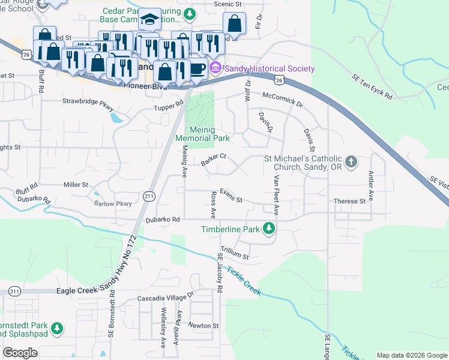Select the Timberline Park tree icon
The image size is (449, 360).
pyautogui.click(x=270, y=229)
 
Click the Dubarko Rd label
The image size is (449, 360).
pyautogui.click(x=163, y=220)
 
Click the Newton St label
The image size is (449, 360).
pyautogui.click(x=205, y=325)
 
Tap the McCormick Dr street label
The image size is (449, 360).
pyautogui.click(x=283, y=99)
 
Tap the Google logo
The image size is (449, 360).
pyautogui.click(x=20, y=353)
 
